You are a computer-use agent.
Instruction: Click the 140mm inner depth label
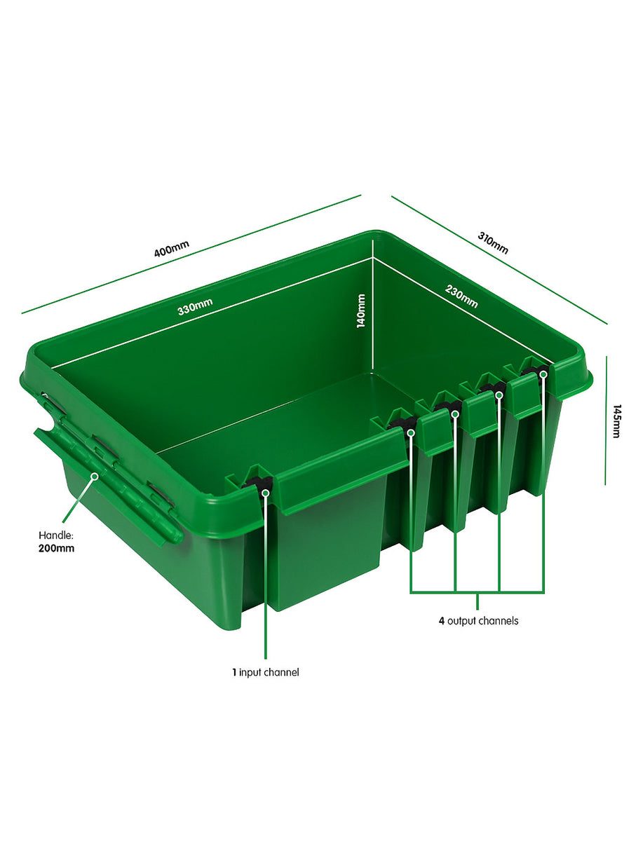coord(361,310)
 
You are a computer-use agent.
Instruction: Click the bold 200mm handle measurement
coord(56,548)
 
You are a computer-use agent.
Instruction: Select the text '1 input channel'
coord(266,672)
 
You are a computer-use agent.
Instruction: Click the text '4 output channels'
coord(478,620)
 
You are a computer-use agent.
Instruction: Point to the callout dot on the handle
coord(94,476)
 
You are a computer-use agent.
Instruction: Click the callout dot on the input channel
coord(266,492)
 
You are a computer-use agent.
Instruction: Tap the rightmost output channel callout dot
coord(543,375)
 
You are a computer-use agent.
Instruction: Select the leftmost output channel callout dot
coord(411,432)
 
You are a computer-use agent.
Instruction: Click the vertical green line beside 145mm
coord(606,420)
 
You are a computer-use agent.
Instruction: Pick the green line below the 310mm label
coord(498,259)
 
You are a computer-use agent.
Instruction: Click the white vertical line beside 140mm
coord(372,315)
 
